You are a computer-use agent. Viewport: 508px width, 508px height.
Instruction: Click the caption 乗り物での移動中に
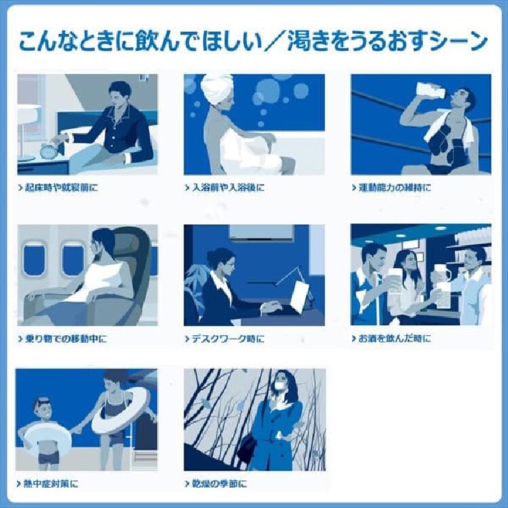[64, 338]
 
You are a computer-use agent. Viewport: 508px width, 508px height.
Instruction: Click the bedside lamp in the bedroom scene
[28, 119]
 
